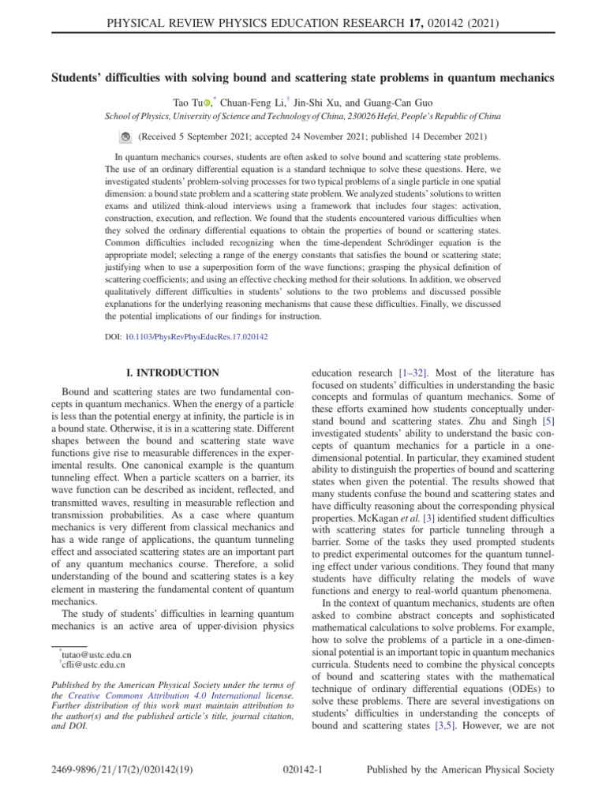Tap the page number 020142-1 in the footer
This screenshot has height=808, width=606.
point(303,769)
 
